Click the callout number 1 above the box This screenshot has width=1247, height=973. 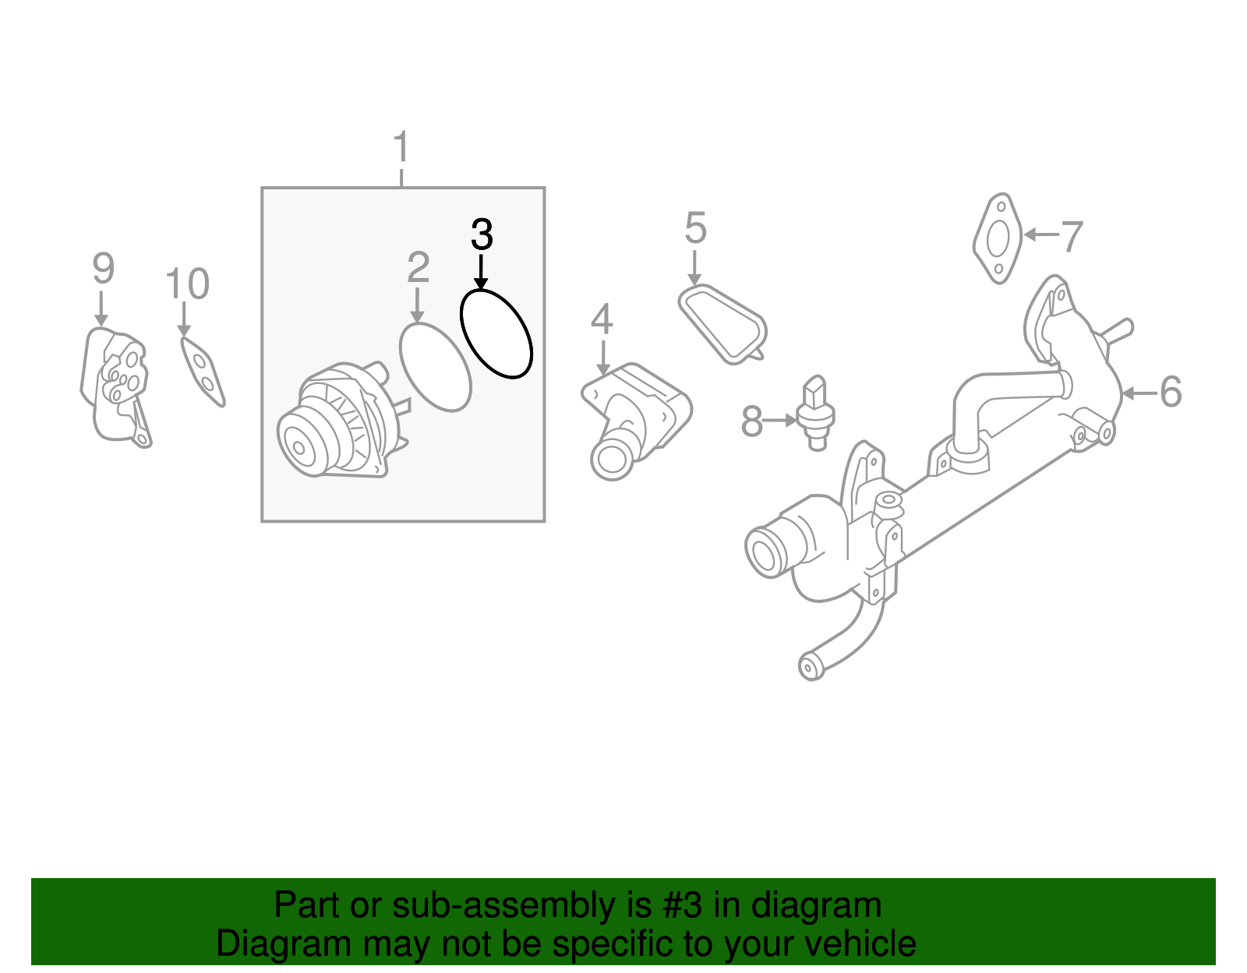tap(401, 147)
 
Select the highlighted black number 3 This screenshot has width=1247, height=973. tap(482, 234)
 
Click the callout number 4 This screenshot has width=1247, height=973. tap(601, 319)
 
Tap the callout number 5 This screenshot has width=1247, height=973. tap(695, 229)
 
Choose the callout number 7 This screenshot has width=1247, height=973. tap(1072, 237)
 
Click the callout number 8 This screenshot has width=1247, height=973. tap(751, 421)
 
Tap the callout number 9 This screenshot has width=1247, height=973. tap(103, 269)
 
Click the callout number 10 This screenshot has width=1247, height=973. tap(187, 284)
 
